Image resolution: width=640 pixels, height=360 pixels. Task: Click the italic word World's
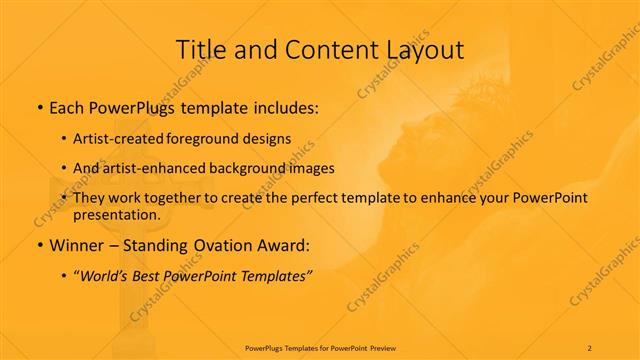click(111, 275)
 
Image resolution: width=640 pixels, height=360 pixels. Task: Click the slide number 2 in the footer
click(590, 347)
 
